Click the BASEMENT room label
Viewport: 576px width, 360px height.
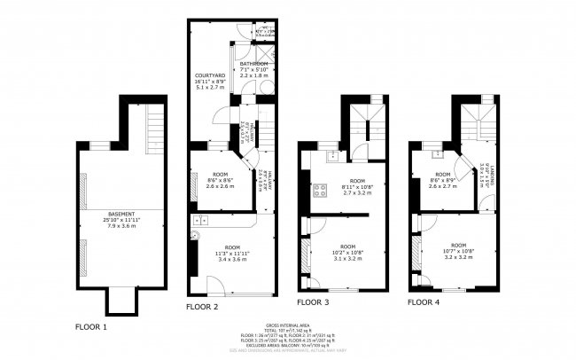(121, 214)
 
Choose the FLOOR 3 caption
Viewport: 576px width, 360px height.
(314, 302)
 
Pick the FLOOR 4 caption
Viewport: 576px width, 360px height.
(424, 302)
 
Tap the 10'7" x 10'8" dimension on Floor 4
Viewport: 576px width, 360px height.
(458, 252)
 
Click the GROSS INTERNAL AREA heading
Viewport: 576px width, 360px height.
(288, 325)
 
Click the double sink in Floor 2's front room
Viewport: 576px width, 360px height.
(199, 219)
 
